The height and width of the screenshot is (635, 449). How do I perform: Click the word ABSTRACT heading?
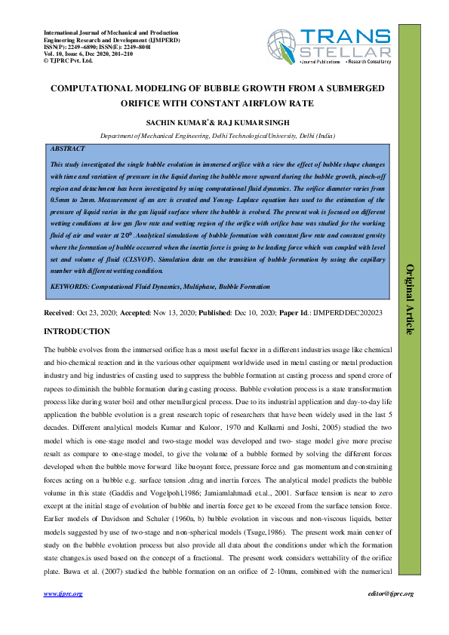pos(66,149)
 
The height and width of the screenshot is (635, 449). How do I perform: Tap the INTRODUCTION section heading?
pos(77,332)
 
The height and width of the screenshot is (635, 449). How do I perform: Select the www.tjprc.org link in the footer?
pos(63,594)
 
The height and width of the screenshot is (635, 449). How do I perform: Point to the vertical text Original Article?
pos(410,299)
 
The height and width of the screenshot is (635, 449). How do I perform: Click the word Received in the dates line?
pos(59,311)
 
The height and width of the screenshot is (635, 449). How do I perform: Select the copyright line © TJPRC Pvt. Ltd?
pos(69,60)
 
